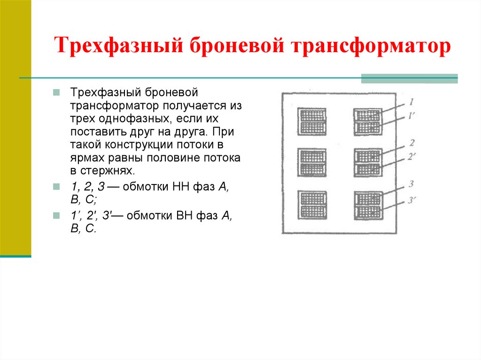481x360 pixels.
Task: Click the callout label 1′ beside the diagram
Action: pyautogui.click(x=411, y=115)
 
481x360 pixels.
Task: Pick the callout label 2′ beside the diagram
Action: pyautogui.click(x=411, y=157)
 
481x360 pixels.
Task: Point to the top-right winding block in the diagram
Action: pyautogui.click(x=368, y=121)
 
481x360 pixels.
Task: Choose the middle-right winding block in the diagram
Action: pyautogui.click(x=368, y=162)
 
